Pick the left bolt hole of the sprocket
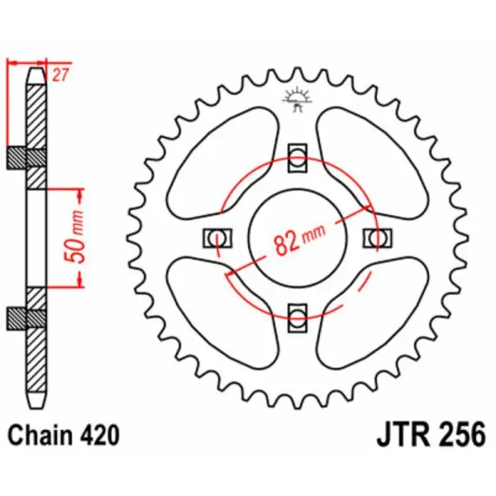tap(217, 237)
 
